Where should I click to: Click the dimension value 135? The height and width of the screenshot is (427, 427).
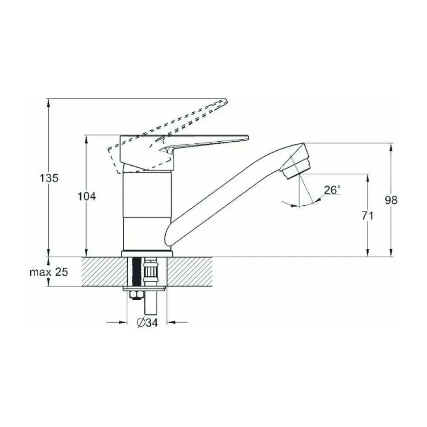[x=49, y=178]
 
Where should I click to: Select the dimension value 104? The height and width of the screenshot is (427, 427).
[x=87, y=196]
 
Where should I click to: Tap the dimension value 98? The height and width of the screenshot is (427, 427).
[x=391, y=200]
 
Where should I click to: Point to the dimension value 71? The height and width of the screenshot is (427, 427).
[x=368, y=216]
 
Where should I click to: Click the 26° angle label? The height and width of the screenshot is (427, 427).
[x=332, y=190]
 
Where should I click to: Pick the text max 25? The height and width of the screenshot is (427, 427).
[x=49, y=272]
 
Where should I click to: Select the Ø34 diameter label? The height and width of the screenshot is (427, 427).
[x=147, y=323]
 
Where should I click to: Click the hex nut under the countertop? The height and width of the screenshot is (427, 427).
[x=135, y=295]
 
